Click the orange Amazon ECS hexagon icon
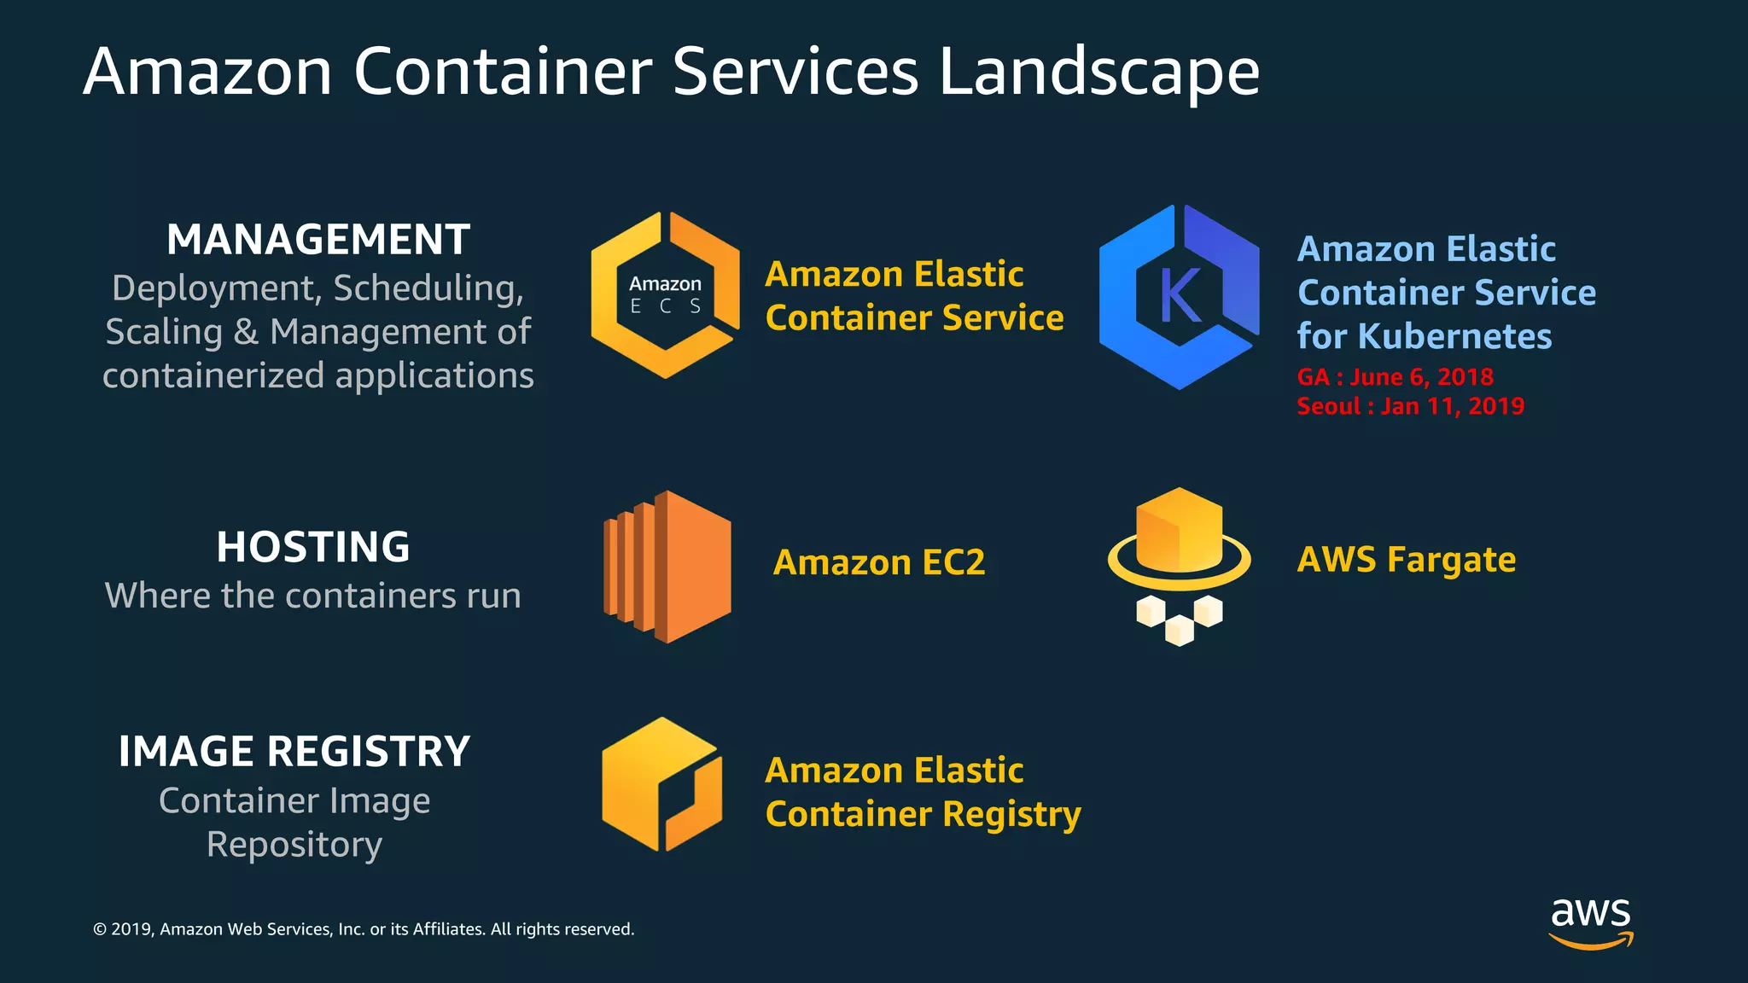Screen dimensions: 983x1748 (665, 295)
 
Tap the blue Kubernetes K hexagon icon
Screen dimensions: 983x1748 (1179, 297)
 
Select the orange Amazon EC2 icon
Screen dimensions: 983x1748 (667, 567)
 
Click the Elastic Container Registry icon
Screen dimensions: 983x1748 (661, 784)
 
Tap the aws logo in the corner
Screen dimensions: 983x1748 (1590, 922)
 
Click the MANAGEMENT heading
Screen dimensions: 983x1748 (318, 240)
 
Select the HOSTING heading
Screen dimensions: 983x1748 (313, 547)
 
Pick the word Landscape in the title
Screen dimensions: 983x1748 (1099, 72)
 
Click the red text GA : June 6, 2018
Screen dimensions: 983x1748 (1395, 377)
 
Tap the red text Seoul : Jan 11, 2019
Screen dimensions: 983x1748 (1410, 406)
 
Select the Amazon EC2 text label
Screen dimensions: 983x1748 (879, 563)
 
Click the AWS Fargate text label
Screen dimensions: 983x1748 (1407, 560)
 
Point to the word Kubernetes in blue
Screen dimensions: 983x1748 (1454, 336)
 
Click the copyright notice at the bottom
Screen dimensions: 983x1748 (364, 929)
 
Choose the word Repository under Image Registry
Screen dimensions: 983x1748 (294, 845)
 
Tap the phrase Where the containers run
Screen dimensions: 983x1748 (313, 596)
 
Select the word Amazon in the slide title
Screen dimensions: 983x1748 (207, 72)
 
